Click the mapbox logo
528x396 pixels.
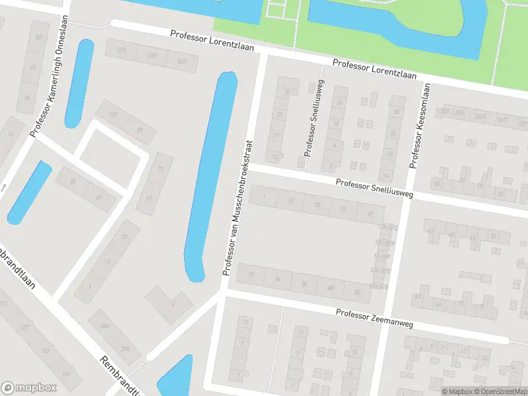[x=28, y=388]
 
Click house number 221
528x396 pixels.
[x=121, y=50]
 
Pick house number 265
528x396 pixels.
[x=181, y=61]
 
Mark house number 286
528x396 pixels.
[x=104, y=325]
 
